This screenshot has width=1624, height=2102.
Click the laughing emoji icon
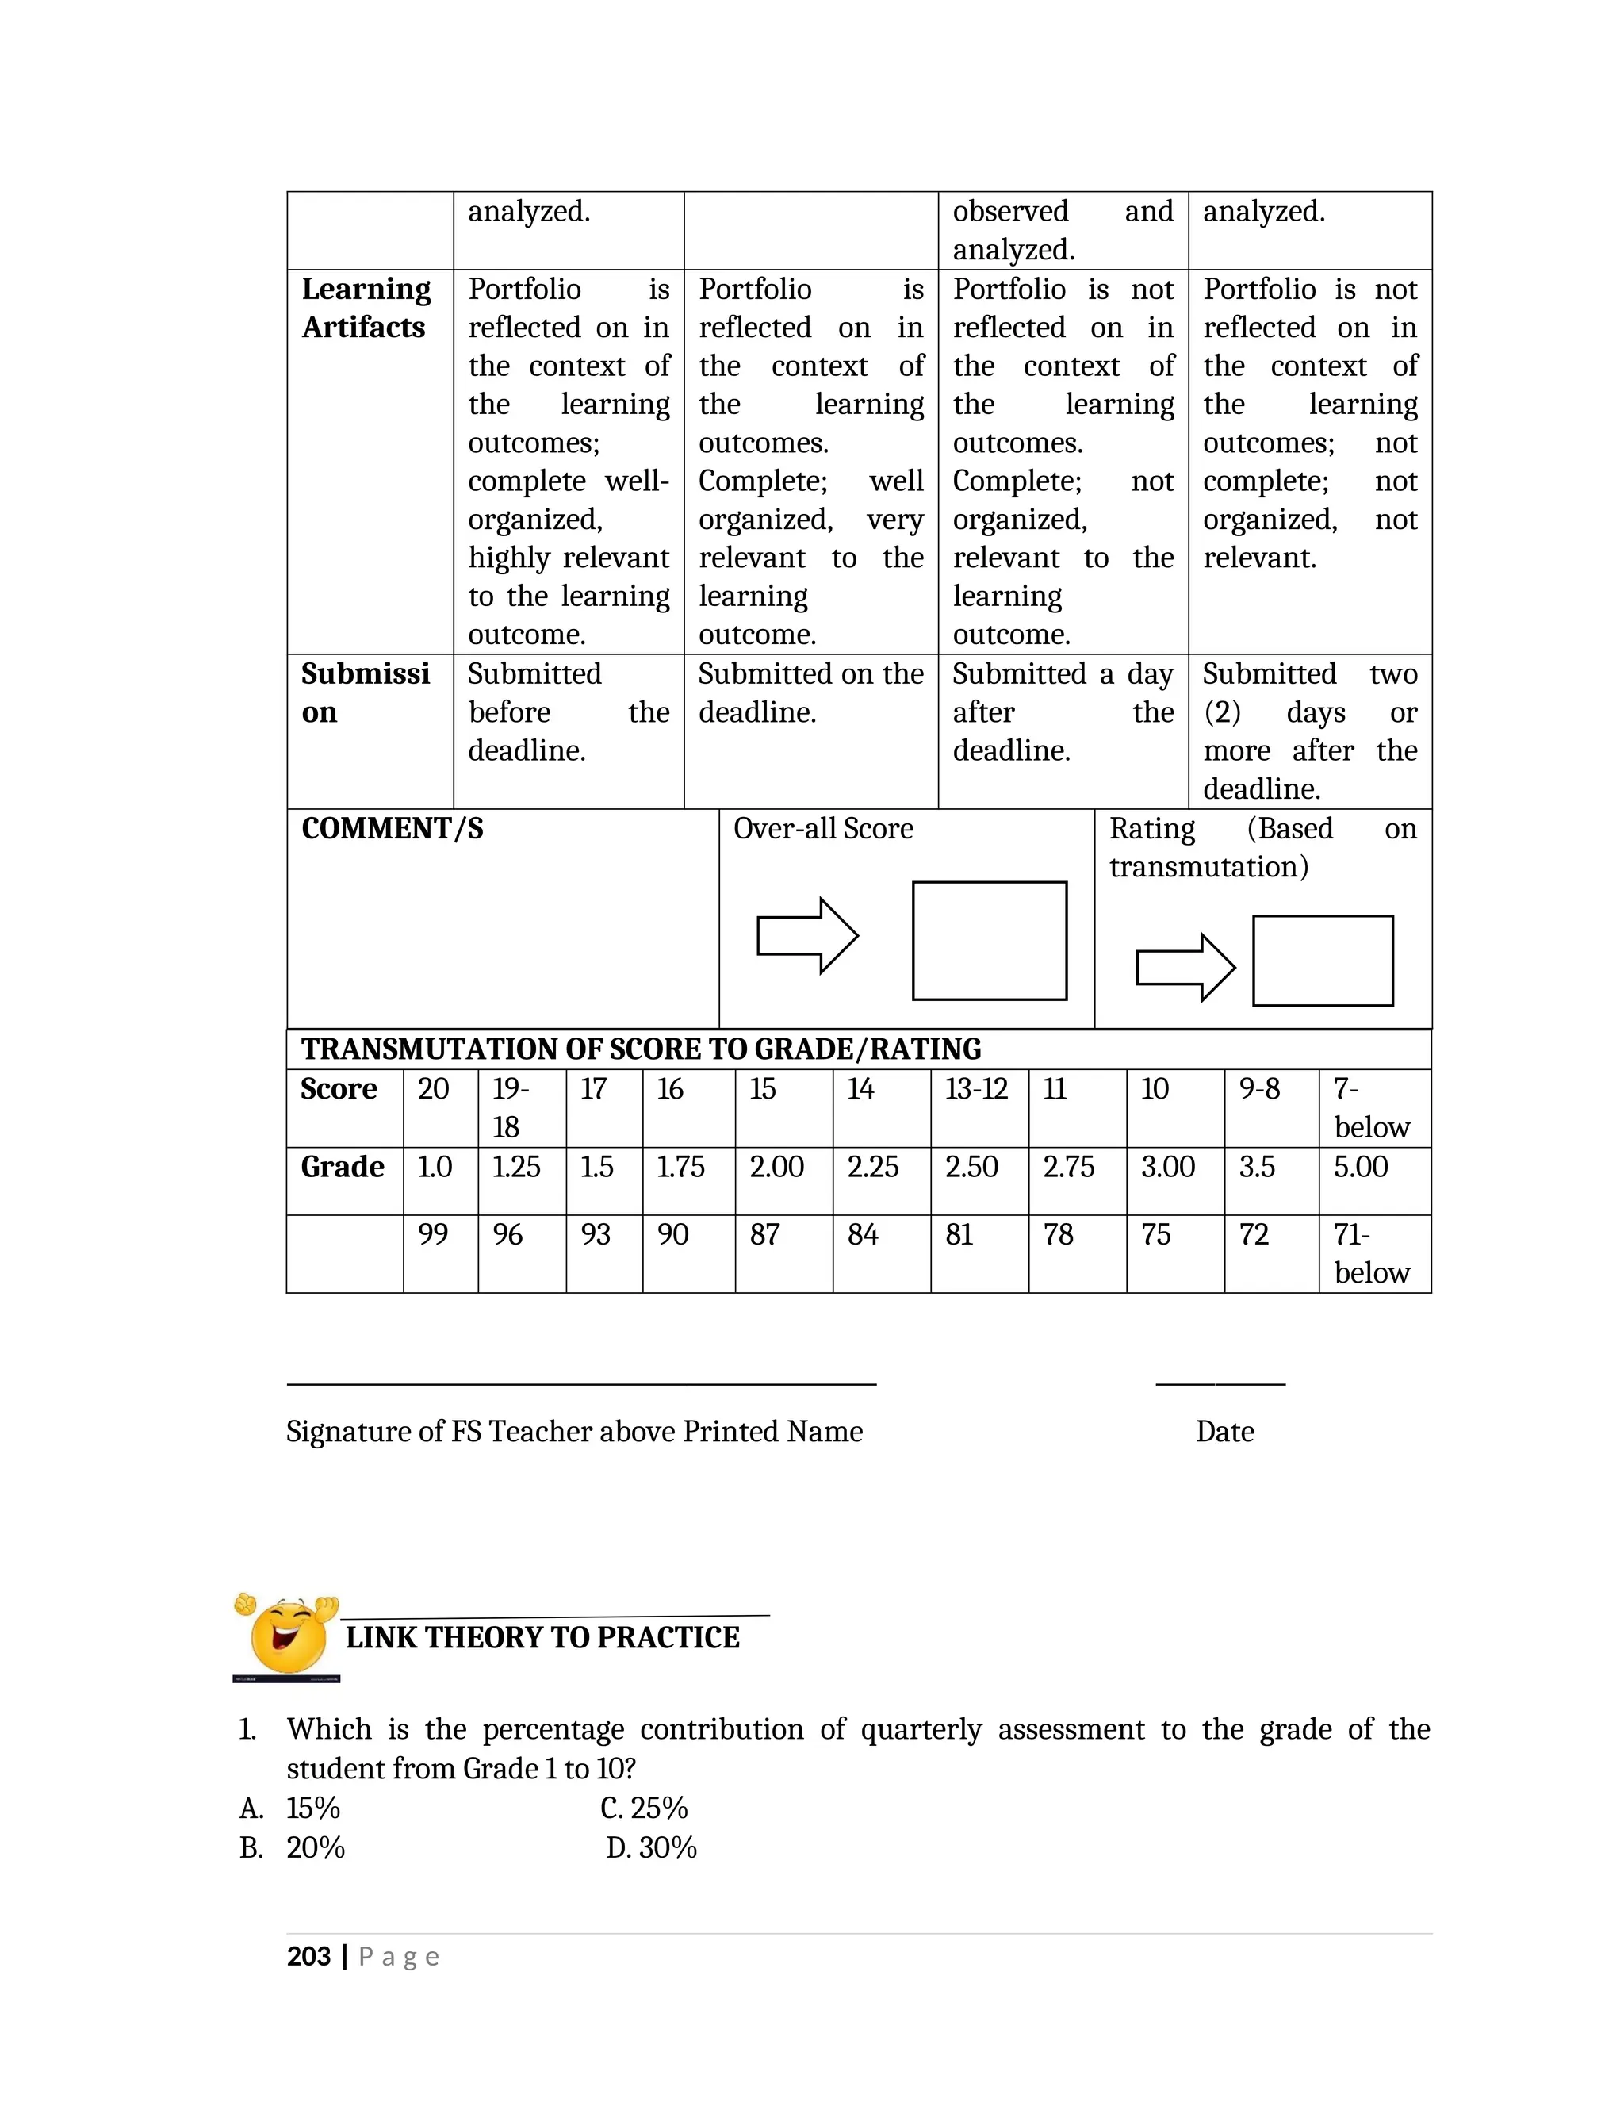[x=285, y=1636]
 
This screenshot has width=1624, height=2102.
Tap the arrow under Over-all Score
[x=806, y=935]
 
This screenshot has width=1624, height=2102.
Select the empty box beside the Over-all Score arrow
[x=989, y=940]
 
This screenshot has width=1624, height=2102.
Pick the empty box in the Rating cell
[x=1322, y=961]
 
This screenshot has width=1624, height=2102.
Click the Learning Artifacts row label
[x=366, y=308]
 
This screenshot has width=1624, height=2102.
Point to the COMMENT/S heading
[x=393, y=829]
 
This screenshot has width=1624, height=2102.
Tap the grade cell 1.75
[x=680, y=1168]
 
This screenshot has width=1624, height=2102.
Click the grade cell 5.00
[x=1361, y=1168]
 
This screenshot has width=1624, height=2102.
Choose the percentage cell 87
[x=765, y=1235]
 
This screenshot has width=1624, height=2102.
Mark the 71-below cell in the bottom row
[x=1371, y=1253]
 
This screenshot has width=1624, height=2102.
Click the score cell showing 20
[x=433, y=1090]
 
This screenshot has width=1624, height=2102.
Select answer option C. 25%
[x=644, y=1809]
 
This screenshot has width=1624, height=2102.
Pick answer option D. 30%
[x=651, y=1848]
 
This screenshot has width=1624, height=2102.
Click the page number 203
[x=308, y=1957]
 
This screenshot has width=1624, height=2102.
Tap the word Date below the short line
[x=1224, y=1432]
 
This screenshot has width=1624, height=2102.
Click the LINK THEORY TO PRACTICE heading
[x=542, y=1638]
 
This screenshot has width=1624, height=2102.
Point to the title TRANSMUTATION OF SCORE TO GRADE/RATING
[x=641, y=1049]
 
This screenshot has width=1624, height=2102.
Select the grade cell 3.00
[x=1168, y=1168]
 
